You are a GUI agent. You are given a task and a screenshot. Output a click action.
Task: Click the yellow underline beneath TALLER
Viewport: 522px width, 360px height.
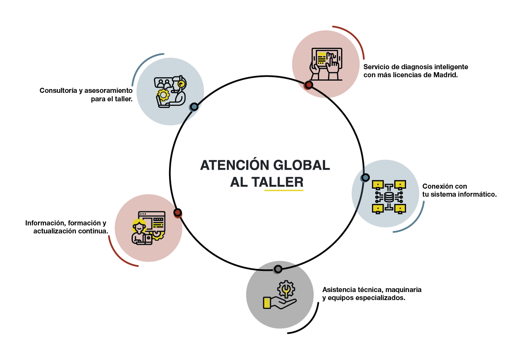point(284,190)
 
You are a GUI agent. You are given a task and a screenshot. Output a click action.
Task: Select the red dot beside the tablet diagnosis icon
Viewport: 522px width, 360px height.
point(309,85)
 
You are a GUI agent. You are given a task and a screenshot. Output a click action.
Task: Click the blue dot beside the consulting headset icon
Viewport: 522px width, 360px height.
point(194,107)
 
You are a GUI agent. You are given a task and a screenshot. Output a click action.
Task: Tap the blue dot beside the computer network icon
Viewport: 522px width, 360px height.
point(365,178)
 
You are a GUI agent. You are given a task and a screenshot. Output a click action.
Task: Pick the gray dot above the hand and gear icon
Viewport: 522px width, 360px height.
point(277,269)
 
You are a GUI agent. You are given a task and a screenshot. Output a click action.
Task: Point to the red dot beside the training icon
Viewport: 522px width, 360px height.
point(178,213)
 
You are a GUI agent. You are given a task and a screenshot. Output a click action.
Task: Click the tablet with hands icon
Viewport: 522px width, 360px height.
point(326,64)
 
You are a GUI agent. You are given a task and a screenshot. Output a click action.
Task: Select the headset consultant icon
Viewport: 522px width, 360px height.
point(170,92)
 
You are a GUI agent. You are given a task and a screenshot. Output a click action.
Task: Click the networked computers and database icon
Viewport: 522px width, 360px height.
point(389,197)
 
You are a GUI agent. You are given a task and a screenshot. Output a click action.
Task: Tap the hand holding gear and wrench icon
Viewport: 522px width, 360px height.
point(280,295)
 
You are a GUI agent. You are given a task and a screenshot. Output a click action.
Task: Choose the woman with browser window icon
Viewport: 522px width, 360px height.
point(148,228)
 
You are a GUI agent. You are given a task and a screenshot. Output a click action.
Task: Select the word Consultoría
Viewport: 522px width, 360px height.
point(58,90)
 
